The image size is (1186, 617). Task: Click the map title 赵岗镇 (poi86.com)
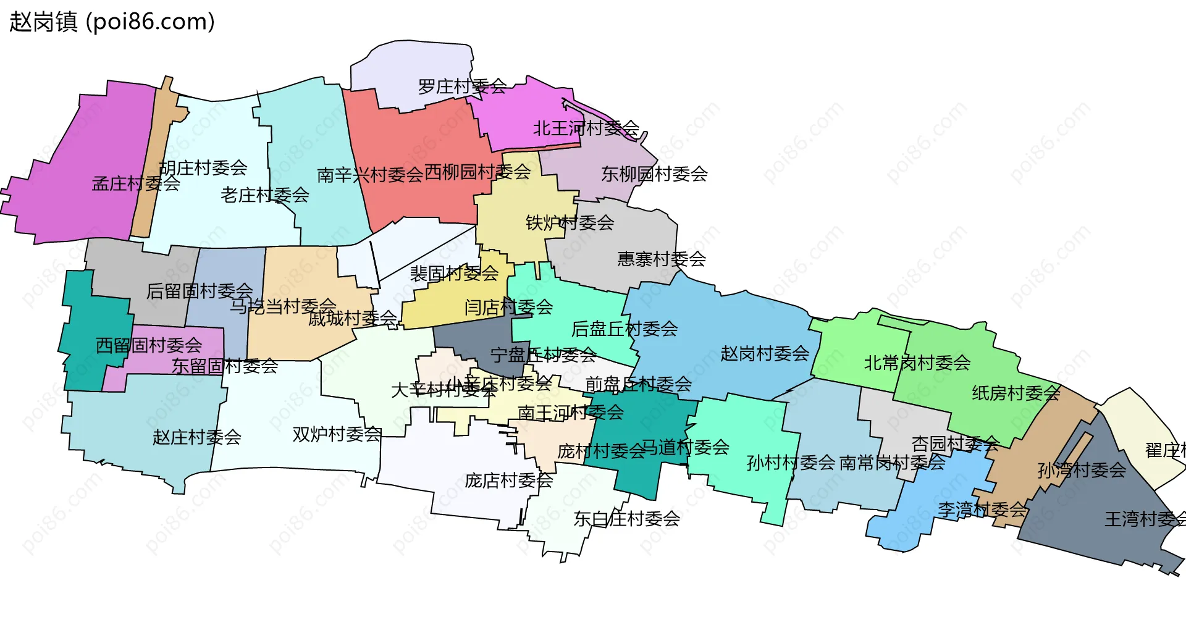(x=112, y=22)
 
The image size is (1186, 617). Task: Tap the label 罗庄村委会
(x=462, y=86)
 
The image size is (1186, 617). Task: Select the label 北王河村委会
(x=586, y=128)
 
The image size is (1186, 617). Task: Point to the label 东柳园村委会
(x=654, y=174)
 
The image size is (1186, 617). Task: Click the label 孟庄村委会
(x=136, y=183)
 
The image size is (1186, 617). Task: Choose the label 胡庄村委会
(x=203, y=167)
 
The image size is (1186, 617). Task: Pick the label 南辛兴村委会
(x=370, y=175)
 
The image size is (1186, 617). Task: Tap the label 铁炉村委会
(x=570, y=222)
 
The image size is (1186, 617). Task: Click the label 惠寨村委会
(x=662, y=259)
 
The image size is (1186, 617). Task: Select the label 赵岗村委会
(x=765, y=354)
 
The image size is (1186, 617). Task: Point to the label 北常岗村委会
(x=917, y=363)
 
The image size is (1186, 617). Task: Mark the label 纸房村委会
(x=1016, y=393)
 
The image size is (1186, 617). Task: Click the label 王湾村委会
(x=1145, y=519)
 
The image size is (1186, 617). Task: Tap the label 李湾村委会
(x=982, y=510)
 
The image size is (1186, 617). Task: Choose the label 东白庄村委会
(x=626, y=519)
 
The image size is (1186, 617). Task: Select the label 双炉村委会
(x=337, y=434)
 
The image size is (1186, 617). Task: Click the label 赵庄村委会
(x=196, y=437)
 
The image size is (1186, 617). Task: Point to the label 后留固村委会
(x=199, y=291)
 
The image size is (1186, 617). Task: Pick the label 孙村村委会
(x=791, y=463)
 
